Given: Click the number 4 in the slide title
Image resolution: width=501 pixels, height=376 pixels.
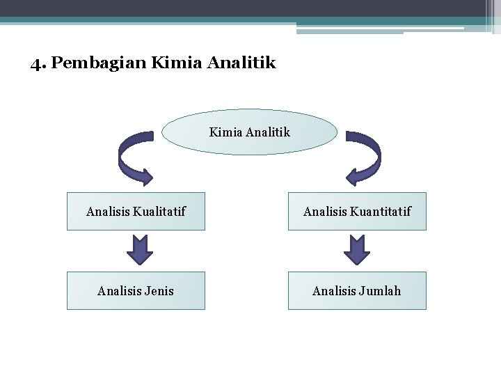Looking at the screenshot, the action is tap(35, 64).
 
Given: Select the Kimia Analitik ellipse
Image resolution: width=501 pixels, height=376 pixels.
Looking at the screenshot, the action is tap(249, 132).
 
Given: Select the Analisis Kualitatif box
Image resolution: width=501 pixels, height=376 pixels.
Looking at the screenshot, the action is tap(136, 211).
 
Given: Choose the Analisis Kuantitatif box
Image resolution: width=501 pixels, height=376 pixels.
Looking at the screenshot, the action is tap(357, 211).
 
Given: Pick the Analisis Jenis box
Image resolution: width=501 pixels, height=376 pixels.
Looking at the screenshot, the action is tap(136, 290).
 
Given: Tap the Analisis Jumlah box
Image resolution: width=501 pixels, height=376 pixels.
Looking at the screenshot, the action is tap(357, 290).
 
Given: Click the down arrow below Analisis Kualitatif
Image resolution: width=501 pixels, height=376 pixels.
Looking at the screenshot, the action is tap(140, 250).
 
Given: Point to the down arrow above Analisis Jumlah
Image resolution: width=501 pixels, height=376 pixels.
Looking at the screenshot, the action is tap(357, 250).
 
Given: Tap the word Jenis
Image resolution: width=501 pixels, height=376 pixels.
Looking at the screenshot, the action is tap(159, 290).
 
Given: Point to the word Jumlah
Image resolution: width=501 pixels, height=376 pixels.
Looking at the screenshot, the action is tap(381, 290).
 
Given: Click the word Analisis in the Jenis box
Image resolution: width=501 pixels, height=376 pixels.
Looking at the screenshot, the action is tap(119, 290).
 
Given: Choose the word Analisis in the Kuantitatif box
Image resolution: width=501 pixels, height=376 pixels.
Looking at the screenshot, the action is tap(326, 211).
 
